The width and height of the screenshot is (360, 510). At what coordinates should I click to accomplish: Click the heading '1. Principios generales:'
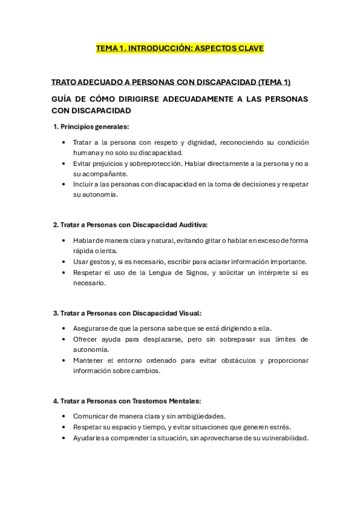[91, 126]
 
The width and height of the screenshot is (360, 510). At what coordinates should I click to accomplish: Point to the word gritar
[209, 241]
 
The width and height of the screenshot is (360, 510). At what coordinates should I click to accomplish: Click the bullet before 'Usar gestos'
[64, 262]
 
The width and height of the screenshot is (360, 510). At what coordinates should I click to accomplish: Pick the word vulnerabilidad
[282, 438]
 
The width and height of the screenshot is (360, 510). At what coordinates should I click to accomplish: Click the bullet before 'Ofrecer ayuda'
[64, 339]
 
